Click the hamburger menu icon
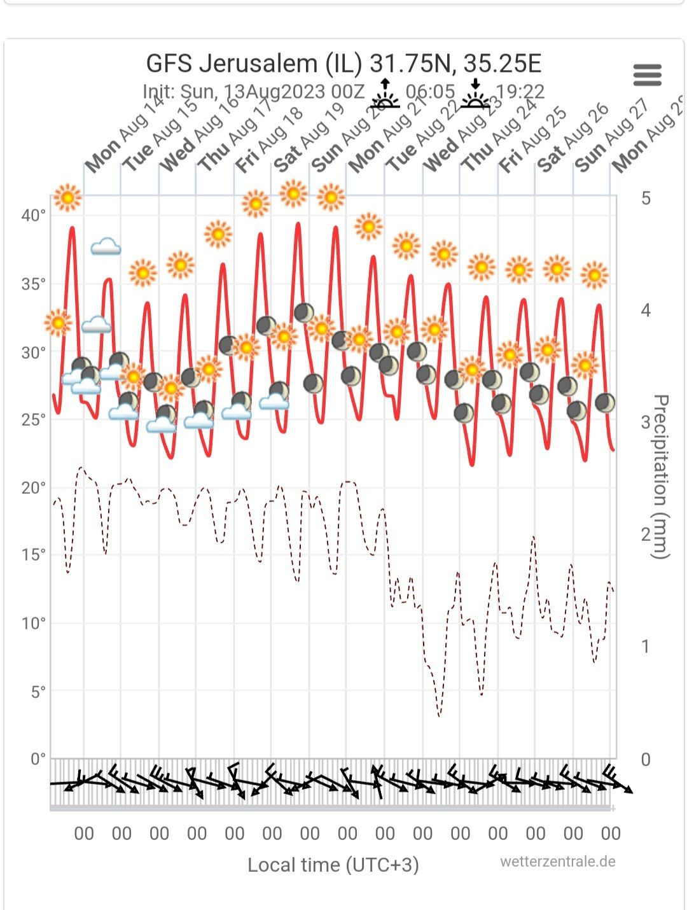point(648,75)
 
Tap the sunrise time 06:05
point(430,92)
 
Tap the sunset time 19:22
point(520,92)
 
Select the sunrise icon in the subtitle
point(385,94)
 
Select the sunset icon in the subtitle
point(475,94)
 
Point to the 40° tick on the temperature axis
point(34,216)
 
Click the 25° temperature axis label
point(34,420)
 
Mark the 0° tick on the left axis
point(38,759)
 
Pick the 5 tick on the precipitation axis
point(646,199)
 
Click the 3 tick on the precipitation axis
point(646,423)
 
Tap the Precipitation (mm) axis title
point(662,477)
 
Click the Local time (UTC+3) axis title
point(333,865)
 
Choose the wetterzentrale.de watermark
point(557,862)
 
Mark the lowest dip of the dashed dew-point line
point(439,716)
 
